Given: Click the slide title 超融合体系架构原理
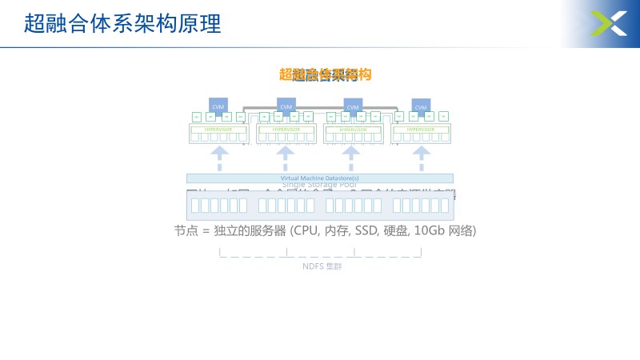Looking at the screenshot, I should click(122, 23).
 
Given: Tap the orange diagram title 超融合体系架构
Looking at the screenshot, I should click(326, 75).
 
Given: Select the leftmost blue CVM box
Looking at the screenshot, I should click(218, 106).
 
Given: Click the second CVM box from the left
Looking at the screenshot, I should click(286, 106).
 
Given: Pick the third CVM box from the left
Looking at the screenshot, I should click(353, 106).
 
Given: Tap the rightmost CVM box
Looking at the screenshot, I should click(421, 106).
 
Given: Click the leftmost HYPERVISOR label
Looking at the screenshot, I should click(218, 129).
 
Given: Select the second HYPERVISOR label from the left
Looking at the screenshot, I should click(286, 129).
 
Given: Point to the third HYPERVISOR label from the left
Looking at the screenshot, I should click(353, 129).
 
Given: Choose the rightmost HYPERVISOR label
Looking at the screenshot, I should click(421, 129).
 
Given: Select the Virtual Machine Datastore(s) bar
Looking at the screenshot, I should click(320, 178).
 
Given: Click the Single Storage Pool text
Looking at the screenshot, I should click(320, 185).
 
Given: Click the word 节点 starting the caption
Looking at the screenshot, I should click(186, 231).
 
